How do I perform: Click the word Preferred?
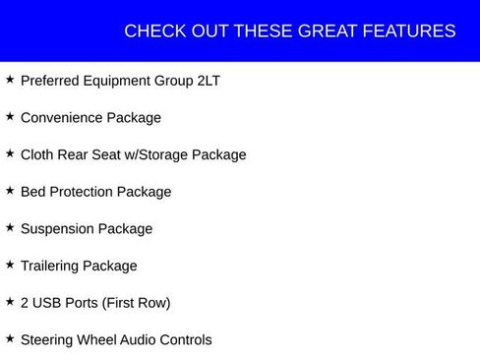click(x=51, y=81)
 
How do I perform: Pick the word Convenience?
click(x=61, y=118)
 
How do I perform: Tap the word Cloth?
click(x=38, y=154)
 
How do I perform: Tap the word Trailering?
click(x=50, y=266)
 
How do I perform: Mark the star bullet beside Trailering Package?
click(x=10, y=265)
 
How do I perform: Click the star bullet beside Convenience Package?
click(x=10, y=116)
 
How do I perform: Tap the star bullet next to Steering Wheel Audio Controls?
click(x=10, y=338)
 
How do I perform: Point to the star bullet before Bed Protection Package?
click(x=10, y=190)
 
